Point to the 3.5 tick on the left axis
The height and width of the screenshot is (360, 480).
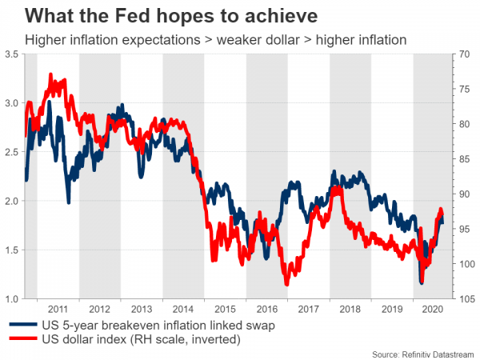[12, 54]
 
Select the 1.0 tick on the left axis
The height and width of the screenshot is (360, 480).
[12, 299]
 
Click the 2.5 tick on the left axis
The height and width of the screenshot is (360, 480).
[12, 152]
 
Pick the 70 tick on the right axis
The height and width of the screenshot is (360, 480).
[462, 54]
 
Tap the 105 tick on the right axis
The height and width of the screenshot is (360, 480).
[464, 299]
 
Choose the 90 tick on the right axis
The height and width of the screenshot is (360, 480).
[462, 194]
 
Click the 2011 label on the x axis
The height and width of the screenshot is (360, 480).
[58, 308]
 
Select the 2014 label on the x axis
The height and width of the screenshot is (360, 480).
[183, 308]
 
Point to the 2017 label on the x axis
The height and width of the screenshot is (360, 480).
[309, 308]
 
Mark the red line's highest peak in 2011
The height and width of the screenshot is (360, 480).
[51, 74]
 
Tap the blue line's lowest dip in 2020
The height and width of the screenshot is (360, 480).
[422, 282]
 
